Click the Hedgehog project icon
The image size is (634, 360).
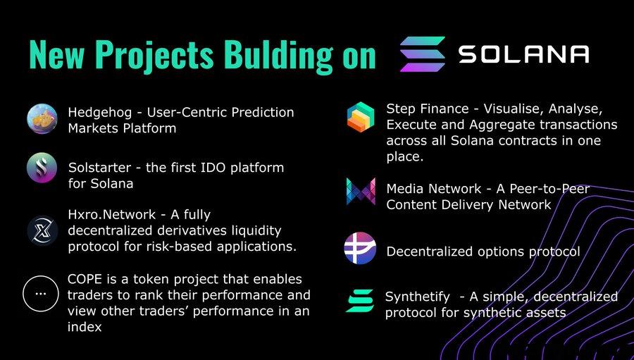coord(42,119)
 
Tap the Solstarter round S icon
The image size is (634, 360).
coord(42,168)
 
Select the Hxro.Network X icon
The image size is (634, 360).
coord(42,230)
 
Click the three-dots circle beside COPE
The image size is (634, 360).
coord(41,294)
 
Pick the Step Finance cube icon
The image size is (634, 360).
coord(361,117)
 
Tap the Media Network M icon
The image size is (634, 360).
coord(361,192)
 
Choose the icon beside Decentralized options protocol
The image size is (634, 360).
coord(360,248)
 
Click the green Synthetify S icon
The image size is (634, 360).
coord(359,301)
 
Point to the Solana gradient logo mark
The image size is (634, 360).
coord(423,54)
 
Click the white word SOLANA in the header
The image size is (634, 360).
coord(523,54)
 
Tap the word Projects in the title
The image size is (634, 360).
coord(156,55)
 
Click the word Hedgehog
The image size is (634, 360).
coord(100,113)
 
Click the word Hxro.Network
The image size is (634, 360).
coord(111,214)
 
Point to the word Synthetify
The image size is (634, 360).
coord(417,297)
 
